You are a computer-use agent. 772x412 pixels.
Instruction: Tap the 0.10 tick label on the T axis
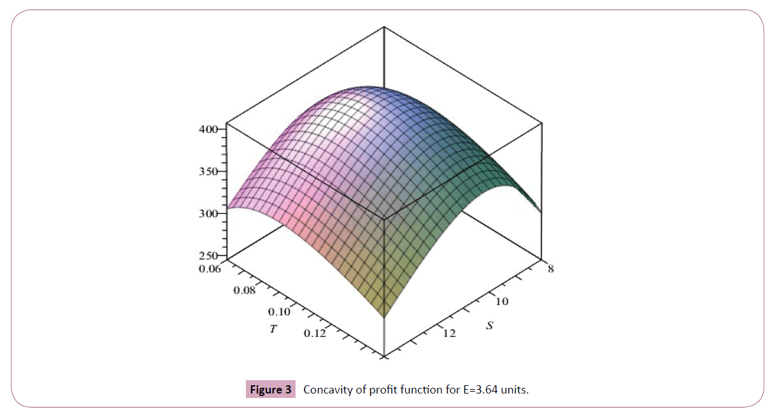[x=278, y=312]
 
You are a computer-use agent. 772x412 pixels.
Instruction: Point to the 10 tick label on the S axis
[x=502, y=301]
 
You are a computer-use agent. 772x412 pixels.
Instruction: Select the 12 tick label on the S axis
[x=449, y=333]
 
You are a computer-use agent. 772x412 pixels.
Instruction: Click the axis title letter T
[x=273, y=332]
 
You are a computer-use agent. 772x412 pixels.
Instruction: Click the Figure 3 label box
[x=271, y=390]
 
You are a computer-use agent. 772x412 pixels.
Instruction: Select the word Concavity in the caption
[x=327, y=390]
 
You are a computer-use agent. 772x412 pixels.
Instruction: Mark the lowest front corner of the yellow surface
[x=384, y=316]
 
